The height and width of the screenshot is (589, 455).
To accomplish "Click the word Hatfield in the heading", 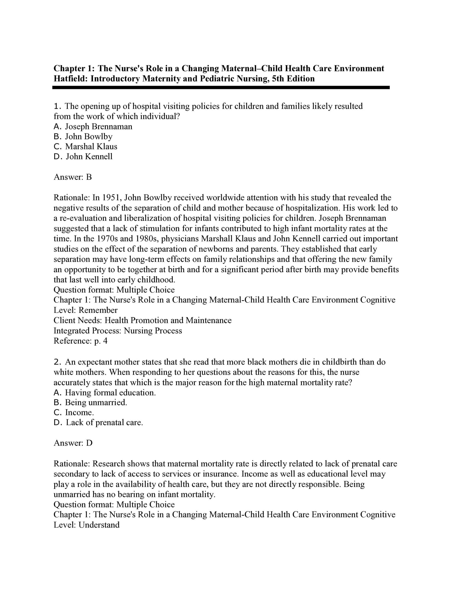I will tap(71, 79).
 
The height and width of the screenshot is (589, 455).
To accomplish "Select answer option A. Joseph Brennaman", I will tap(93, 127).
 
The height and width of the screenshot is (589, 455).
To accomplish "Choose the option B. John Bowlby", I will tap(83, 136).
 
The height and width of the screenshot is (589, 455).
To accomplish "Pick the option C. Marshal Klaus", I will tap(86, 146).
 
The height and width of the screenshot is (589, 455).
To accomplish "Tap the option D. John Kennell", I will tap(83, 156).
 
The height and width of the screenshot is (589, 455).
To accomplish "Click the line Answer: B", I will tap(73, 177).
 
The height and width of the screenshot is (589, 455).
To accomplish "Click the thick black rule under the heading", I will tap(221, 87).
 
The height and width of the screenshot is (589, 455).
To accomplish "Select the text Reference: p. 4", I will tap(80, 341).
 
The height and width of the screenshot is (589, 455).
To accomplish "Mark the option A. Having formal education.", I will tap(105, 392).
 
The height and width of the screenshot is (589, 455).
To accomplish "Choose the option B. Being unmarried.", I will tap(90, 402).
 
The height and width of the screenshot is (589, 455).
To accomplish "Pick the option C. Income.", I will tap(74, 412).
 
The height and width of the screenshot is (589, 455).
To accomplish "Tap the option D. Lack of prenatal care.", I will tap(98, 422).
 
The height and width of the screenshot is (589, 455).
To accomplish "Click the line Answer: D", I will tap(73, 443).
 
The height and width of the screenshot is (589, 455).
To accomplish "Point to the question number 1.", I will tap(56, 106).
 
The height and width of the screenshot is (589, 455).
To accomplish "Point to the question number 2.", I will tap(57, 362).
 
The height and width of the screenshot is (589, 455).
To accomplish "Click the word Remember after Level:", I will tap(98, 310).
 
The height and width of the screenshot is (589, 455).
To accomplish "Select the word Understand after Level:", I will tap(99, 525).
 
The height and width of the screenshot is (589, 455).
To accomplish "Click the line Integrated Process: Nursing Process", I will tap(118, 331).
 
